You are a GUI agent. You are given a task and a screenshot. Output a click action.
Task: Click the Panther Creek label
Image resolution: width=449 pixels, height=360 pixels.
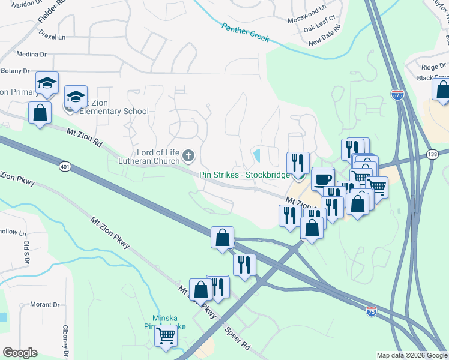coord(246,32)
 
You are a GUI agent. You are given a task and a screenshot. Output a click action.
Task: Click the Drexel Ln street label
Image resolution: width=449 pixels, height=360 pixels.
coord(52,36)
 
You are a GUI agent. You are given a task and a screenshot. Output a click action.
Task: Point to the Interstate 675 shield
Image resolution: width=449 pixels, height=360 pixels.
coord(397,95)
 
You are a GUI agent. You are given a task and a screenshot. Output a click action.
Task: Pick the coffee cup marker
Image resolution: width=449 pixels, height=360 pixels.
coord(322,179)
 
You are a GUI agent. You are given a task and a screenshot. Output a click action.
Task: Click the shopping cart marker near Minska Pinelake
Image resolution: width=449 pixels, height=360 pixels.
coord(166,336)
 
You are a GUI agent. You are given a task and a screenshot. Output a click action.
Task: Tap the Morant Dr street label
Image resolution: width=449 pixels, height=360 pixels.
coord(45,305)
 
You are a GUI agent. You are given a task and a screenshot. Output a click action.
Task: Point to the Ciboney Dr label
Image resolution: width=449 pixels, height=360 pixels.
coord(66,340)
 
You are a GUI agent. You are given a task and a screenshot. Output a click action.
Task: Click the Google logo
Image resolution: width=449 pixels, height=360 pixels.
coord(20,353)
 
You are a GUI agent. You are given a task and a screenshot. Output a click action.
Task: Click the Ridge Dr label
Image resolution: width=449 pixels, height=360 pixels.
coord(434,67)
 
